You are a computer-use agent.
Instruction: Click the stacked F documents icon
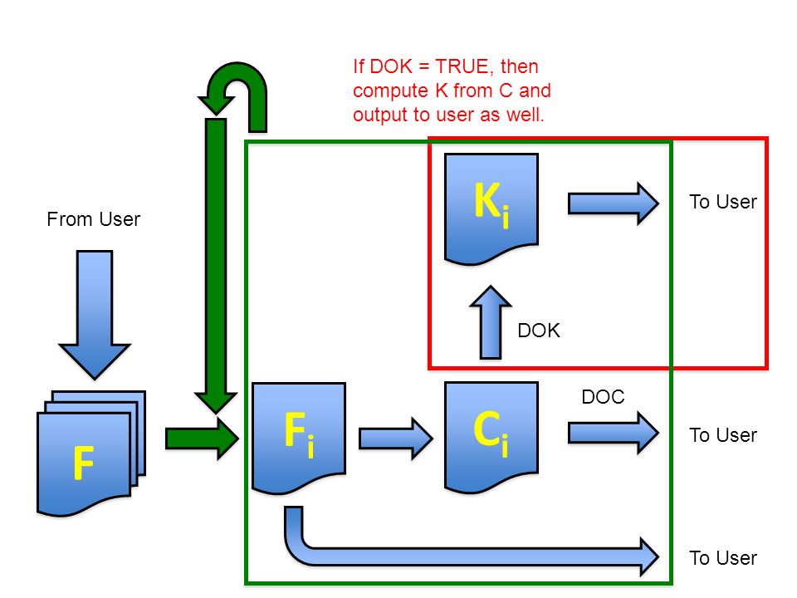click(x=91, y=453)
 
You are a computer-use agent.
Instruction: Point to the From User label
click(x=94, y=219)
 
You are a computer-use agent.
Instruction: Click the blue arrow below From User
click(x=95, y=314)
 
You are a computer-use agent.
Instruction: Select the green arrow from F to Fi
click(x=202, y=439)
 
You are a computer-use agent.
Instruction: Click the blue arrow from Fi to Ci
click(x=396, y=439)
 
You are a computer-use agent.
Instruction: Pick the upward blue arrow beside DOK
click(x=491, y=322)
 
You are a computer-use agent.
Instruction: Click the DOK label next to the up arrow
click(x=539, y=331)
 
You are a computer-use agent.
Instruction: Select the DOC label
click(x=603, y=397)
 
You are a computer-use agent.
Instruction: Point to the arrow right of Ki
click(x=614, y=203)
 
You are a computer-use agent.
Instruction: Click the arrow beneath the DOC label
click(x=614, y=433)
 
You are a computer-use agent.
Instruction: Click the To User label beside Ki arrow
click(x=723, y=202)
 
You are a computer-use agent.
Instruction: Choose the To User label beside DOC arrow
click(x=723, y=435)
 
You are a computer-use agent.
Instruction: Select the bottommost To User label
click(x=723, y=558)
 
